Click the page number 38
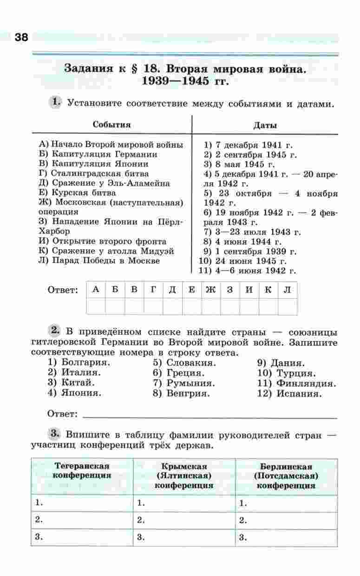point(21,38)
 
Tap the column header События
point(111,125)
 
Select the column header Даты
point(265,126)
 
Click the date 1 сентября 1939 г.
point(250,252)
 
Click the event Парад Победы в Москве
point(99,260)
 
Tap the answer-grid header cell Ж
point(210,290)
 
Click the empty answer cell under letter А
point(96,306)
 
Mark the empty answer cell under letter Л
point(288,306)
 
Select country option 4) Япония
point(75,393)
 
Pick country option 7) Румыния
point(184,383)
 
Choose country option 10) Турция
point(287,373)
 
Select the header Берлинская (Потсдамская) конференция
point(286,476)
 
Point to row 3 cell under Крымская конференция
point(184,537)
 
